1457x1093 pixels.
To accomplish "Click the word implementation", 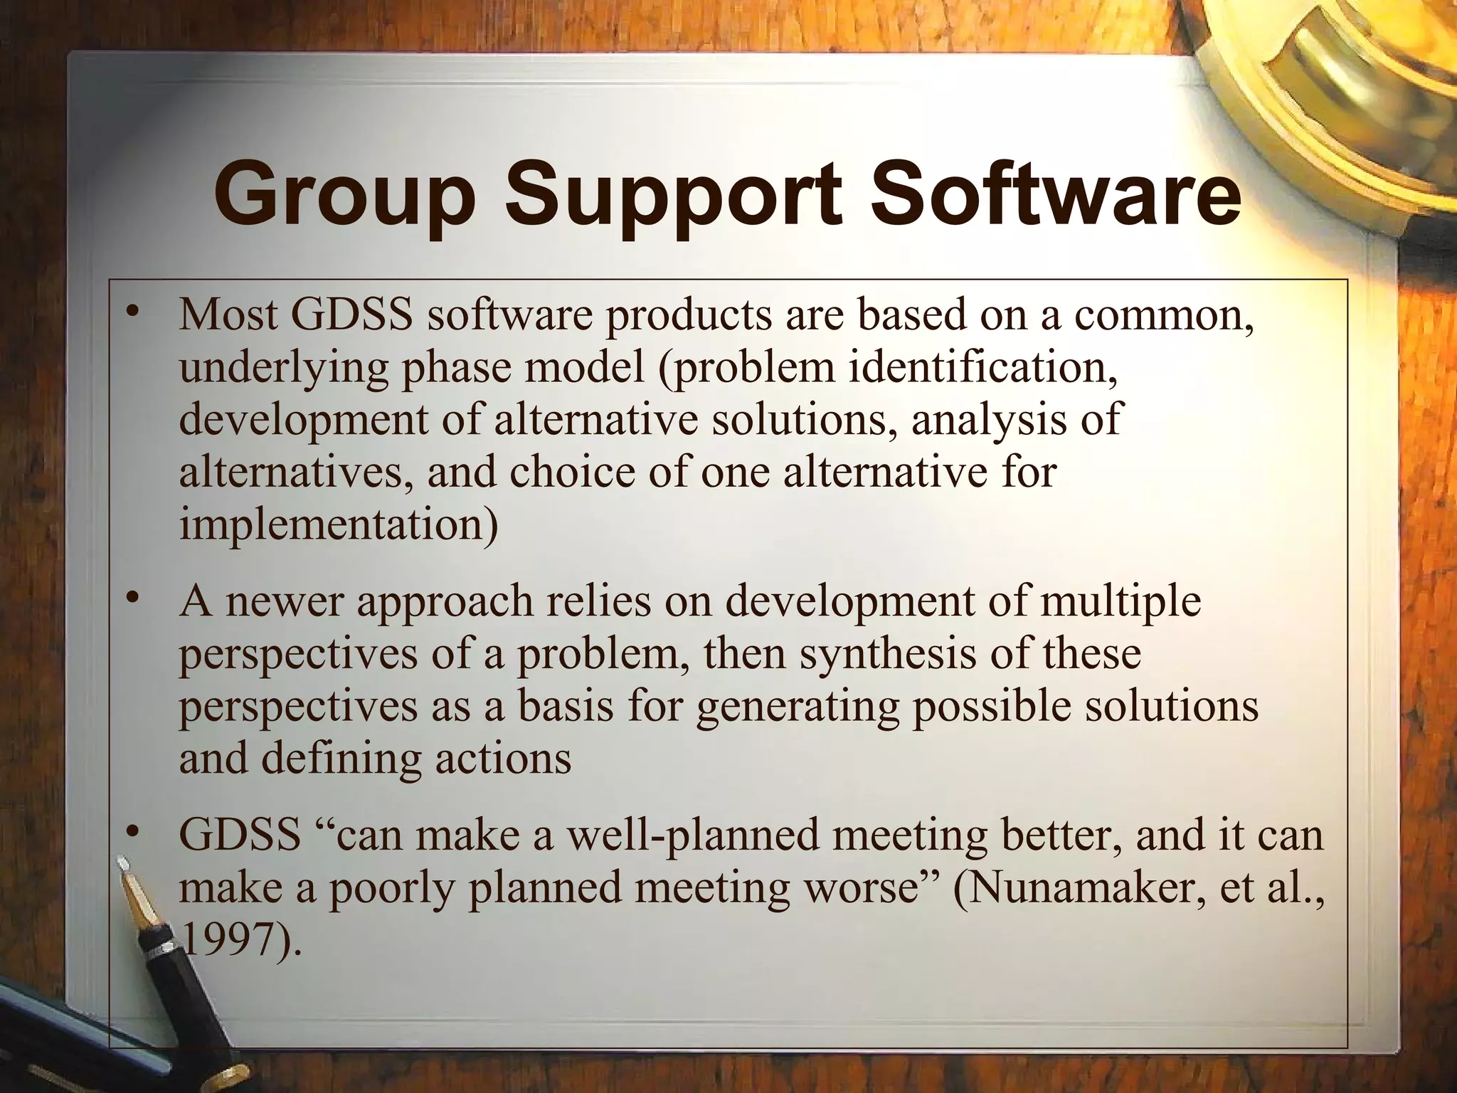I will pyautogui.click(x=338, y=525).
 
